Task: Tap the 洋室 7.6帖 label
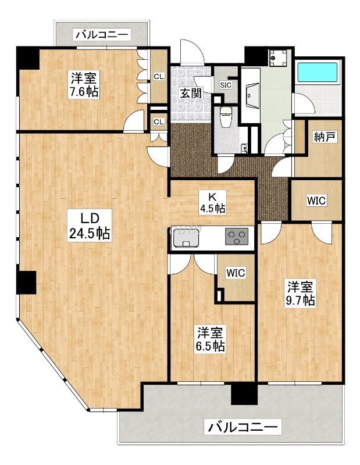pos(85,84)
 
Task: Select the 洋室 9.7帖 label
pos(301,293)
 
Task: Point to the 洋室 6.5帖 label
pos(211,339)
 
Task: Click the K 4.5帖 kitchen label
pos(212,202)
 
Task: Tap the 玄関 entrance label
pos(190,93)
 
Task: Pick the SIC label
pos(226,85)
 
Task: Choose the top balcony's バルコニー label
pos(101,35)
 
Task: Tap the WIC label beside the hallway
pos(316,201)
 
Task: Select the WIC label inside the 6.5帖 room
pos(236,272)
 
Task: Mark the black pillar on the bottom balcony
pos(244,395)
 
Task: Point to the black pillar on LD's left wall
pos(26,282)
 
